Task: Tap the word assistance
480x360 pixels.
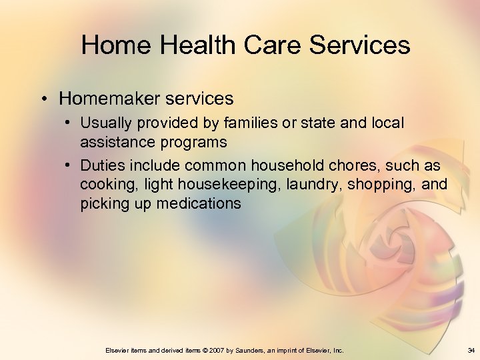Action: (x=113, y=142)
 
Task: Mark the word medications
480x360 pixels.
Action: (x=198, y=204)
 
